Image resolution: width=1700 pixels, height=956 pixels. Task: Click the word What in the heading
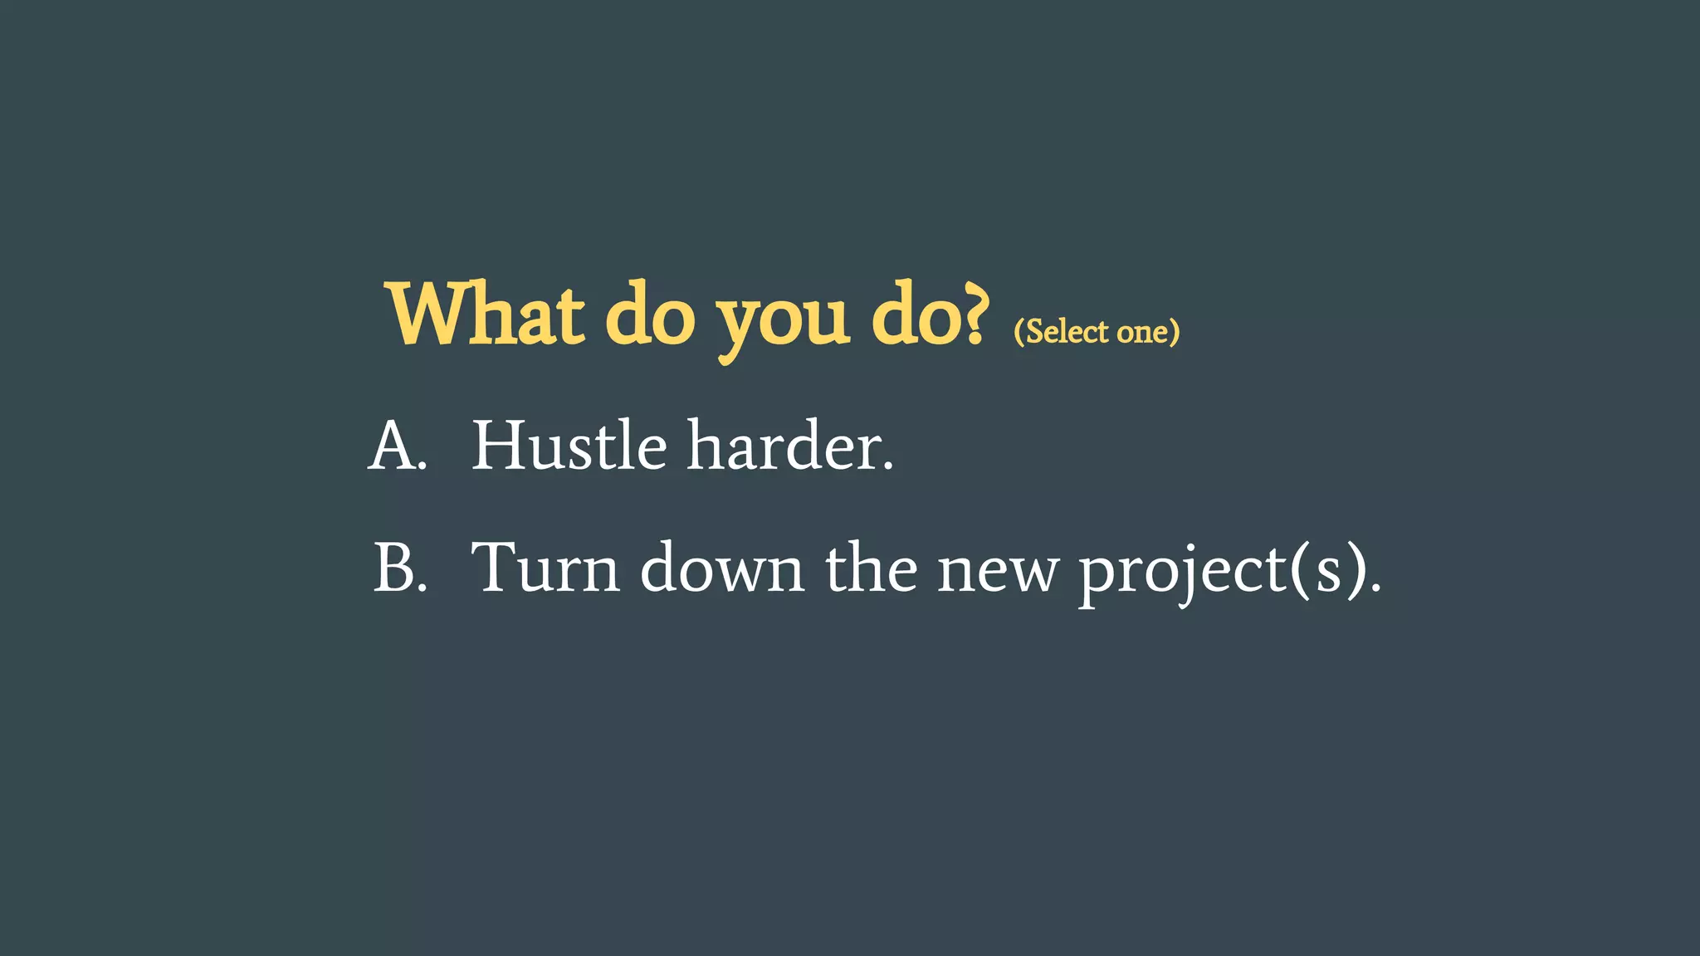[x=486, y=315]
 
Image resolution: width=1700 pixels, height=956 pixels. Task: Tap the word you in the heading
[x=783, y=319]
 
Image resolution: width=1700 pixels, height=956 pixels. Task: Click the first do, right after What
[x=649, y=315]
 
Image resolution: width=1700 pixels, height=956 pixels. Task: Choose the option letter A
[x=392, y=446]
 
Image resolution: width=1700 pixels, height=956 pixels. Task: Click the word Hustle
[x=569, y=446]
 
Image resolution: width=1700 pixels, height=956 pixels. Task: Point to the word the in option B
[x=871, y=568]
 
